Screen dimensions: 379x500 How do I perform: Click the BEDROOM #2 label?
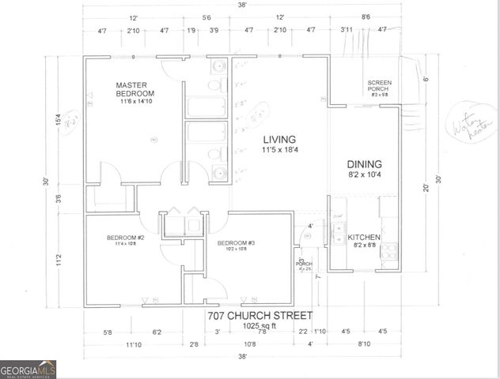[x=124, y=238]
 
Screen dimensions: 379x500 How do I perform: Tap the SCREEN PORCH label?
[x=380, y=85]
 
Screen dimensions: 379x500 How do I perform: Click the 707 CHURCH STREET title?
[x=259, y=315]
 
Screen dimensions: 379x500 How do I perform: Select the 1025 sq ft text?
[x=259, y=325]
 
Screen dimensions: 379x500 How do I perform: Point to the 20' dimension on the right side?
[x=427, y=188]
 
